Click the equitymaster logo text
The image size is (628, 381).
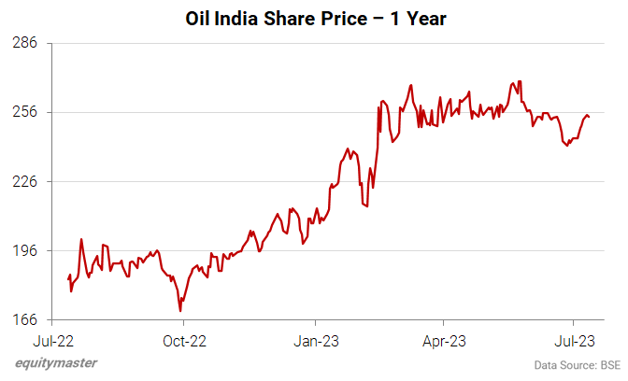[x=55, y=363]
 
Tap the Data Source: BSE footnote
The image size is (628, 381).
[x=577, y=364]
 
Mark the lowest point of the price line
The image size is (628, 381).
[x=179, y=311]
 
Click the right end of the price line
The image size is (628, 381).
[x=589, y=117]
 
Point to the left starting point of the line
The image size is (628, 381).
[x=68, y=278]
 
